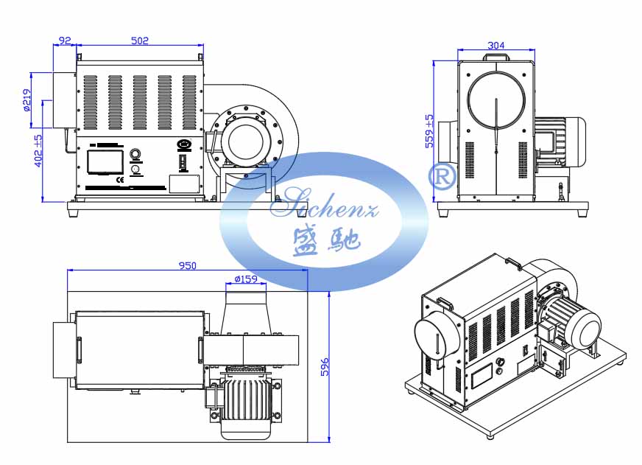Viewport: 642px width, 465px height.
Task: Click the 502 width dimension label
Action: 140,41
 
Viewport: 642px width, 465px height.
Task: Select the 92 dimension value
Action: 65,41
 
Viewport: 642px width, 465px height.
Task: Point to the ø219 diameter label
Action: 27,99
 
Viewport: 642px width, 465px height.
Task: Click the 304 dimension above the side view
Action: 496,46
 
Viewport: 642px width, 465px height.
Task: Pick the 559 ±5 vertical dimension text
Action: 429,132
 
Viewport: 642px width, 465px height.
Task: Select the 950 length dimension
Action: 187,266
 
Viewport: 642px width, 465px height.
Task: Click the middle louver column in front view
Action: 139,102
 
